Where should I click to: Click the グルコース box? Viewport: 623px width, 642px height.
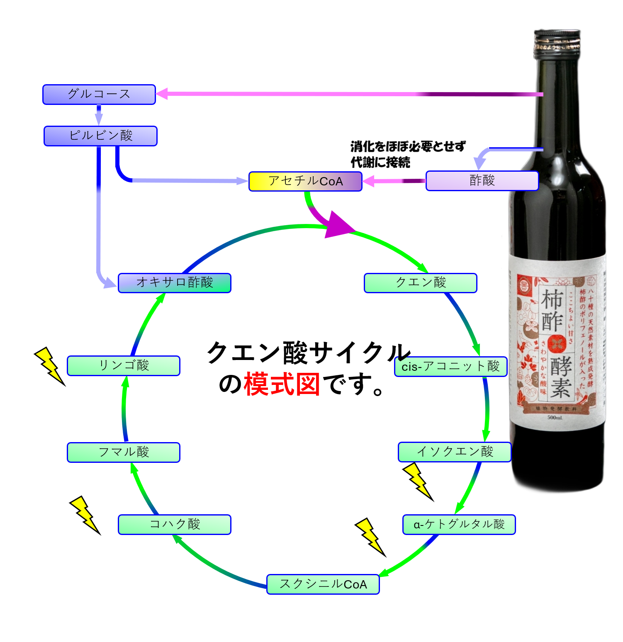(x=99, y=95)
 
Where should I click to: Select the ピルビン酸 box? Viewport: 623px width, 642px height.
(x=101, y=136)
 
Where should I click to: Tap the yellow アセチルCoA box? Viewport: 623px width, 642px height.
(x=305, y=181)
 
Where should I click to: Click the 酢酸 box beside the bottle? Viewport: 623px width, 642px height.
(x=482, y=181)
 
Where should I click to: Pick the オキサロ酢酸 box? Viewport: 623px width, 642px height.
(x=175, y=283)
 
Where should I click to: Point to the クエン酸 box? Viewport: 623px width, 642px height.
(x=421, y=283)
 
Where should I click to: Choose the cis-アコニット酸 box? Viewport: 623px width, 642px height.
(x=451, y=367)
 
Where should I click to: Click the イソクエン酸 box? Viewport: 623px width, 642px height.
(x=455, y=452)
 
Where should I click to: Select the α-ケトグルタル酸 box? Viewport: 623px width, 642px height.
(x=459, y=525)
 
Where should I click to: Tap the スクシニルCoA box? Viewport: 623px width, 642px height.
(x=323, y=584)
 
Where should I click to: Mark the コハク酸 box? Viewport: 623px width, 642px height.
(x=175, y=525)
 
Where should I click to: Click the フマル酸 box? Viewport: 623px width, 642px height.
(x=124, y=452)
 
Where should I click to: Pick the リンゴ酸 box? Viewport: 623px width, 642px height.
(x=124, y=366)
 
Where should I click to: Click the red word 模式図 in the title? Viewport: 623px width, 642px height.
(x=282, y=384)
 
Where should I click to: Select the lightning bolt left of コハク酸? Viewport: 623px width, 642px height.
(x=85, y=515)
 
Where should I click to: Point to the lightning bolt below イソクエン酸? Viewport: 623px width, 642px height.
(x=417, y=481)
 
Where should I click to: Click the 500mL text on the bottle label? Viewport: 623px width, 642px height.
(x=555, y=417)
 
